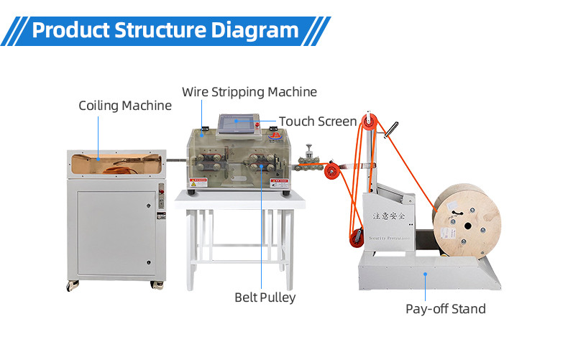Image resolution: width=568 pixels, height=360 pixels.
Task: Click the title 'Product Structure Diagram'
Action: (165, 31)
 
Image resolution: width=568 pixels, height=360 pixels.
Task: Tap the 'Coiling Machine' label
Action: (125, 106)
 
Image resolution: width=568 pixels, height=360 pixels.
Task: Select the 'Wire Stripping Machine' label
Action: (249, 92)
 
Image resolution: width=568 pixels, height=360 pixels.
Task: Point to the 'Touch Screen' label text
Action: (318, 121)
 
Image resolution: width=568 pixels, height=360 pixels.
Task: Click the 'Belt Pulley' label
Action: (265, 297)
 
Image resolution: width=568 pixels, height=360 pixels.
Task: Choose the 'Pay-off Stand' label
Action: (446, 309)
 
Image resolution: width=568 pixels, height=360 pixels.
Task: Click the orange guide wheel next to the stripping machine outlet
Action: (331, 171)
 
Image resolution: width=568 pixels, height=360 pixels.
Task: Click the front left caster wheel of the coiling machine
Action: (73, 285)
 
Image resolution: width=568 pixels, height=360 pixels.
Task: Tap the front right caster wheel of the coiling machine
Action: (156, 285)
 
